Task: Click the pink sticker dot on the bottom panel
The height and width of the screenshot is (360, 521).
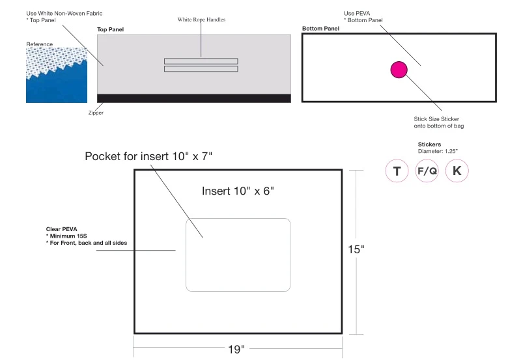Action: click(x=399, y=70)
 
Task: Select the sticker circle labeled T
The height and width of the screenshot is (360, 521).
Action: click(x=397, y=171)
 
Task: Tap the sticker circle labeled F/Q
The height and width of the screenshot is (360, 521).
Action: click(x=427, y=171)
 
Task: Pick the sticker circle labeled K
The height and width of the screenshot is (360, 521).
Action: click(x=457, y=171)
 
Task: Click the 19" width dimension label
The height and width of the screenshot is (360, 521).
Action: click(x=236, y=349)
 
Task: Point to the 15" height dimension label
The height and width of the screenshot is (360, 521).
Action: click(x=356, y=249)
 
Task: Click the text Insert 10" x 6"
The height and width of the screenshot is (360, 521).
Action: click(x=238, y=191)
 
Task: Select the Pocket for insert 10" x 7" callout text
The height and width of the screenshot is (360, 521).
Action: click(x=148, y=156)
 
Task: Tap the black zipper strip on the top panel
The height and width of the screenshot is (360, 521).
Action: click(x=194, y=98)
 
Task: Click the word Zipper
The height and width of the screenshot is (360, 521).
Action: click(x=96, y=113)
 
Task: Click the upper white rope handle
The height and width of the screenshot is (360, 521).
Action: click(x=201, y=61)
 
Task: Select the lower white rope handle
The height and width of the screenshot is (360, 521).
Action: click(x=201, y=69)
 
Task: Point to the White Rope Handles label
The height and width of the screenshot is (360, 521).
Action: click(x=201, y=20)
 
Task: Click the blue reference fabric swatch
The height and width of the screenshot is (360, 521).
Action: click(x=57, y=75)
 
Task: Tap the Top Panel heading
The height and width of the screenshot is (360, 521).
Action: click(x=110, y=29)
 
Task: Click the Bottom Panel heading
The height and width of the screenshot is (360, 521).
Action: click(x=320, y=29)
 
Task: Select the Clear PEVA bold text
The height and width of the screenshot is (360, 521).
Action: click(x=61, y=229)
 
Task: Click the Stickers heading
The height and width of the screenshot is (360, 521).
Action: click(x=429, y=145)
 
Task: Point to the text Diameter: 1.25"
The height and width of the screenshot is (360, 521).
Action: click(x=438, y=151)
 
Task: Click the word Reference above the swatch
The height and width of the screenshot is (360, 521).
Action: click(x=40, y=44)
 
